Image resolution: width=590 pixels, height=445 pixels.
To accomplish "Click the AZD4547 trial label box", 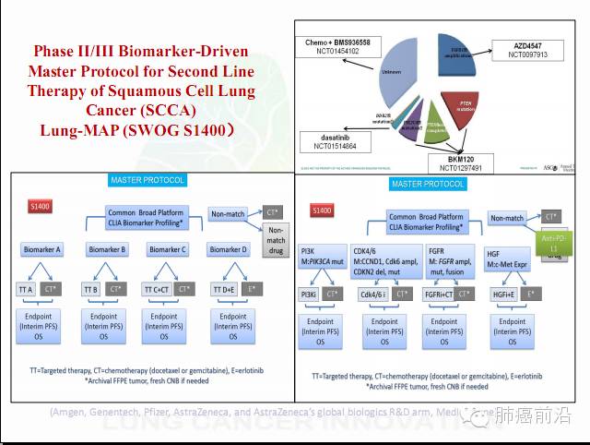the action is (528, 49).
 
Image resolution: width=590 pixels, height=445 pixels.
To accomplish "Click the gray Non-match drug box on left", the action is (277, 243).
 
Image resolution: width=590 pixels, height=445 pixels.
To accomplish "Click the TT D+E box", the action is (221, 289).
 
